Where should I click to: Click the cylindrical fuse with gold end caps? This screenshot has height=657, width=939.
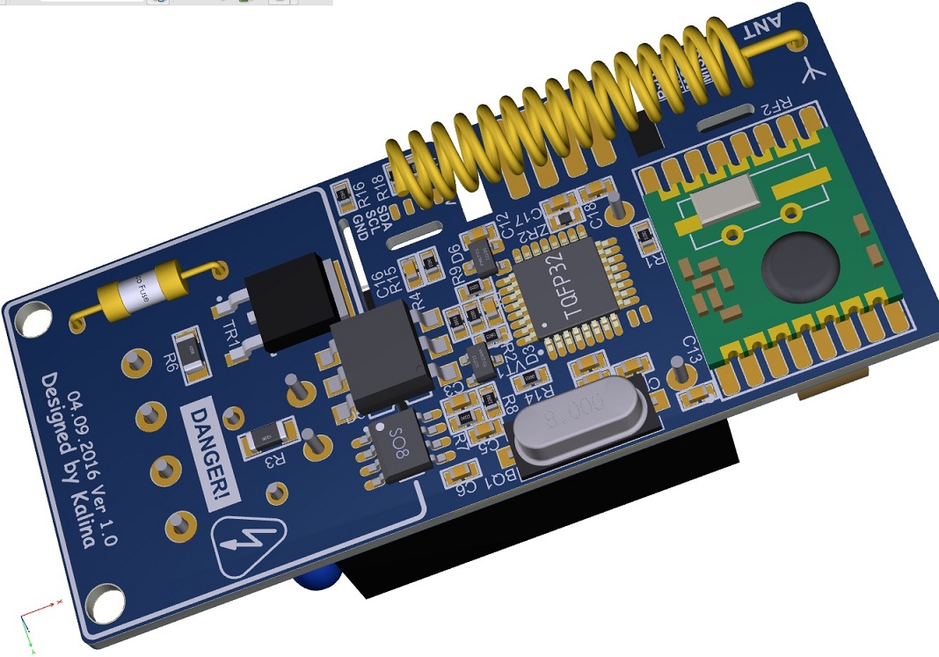pos(144,294)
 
